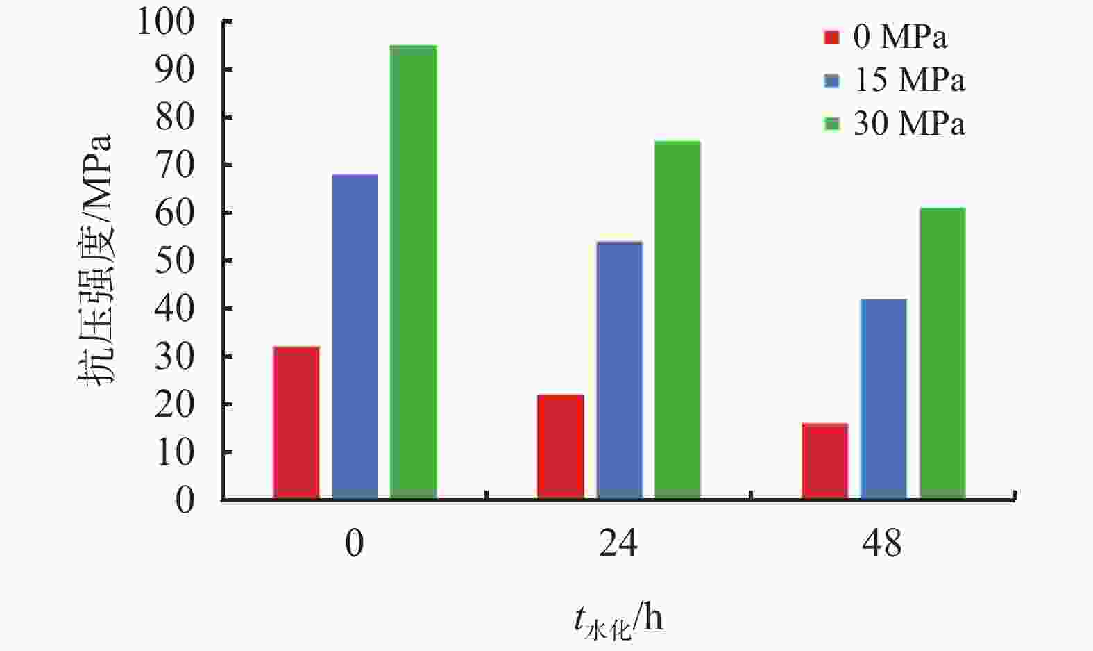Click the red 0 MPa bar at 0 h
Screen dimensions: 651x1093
[296, 422]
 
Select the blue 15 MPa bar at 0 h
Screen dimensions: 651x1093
[355, 336]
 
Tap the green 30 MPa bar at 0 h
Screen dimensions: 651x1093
[413, 272]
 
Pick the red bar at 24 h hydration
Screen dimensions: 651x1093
[560, 447]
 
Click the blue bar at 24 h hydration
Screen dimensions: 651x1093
[619, 370]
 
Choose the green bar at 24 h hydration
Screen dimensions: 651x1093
[677, 320]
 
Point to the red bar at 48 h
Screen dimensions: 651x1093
[824, 461]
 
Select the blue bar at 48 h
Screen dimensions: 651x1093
[883, 399]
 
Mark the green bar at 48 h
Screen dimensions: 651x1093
[942, 353]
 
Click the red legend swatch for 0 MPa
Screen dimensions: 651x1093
[831, 38]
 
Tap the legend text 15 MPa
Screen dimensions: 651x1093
[908, 81]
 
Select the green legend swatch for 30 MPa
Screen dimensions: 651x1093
[831, 124]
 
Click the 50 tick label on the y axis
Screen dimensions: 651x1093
[174, 261]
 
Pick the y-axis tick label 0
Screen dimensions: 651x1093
[185, 500]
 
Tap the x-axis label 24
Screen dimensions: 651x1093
[618, 543]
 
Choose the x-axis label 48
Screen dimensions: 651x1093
[882, 543]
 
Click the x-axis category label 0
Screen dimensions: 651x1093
[354, 543]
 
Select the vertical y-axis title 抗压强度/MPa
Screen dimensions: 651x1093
[95, 261]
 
